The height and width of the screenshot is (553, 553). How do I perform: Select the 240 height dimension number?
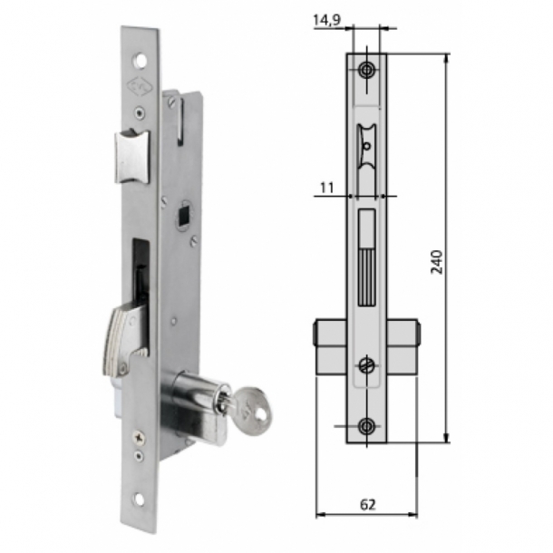coord(437,260)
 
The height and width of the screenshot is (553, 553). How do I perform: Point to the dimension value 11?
coord(326,188)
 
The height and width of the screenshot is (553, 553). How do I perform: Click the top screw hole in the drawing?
coord(366,71)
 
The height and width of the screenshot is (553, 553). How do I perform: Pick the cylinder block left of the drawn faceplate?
coord(331,345)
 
